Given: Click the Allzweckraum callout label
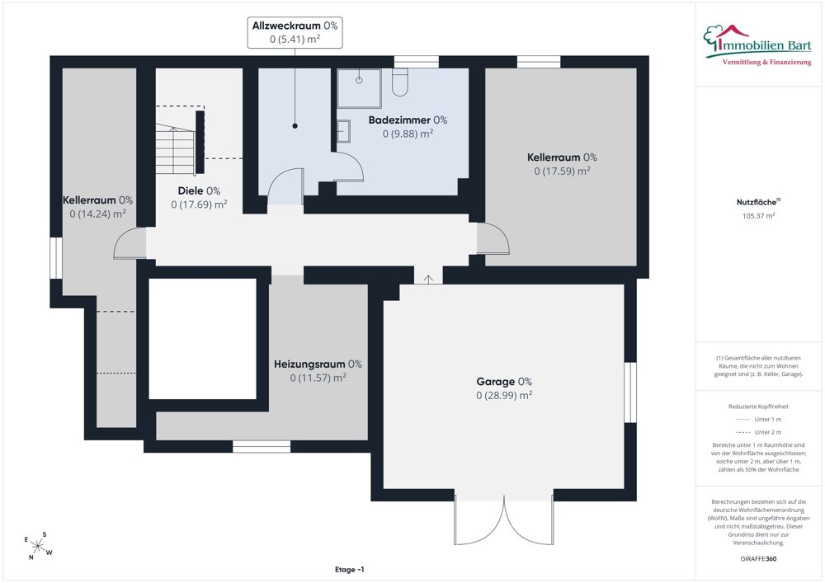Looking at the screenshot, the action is [295, 33].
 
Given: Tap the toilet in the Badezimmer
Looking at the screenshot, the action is [400, 82].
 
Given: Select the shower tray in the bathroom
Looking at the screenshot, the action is [359, 87].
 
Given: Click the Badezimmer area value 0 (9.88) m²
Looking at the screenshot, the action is [408, 134].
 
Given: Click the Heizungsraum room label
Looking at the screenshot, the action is [318, 364].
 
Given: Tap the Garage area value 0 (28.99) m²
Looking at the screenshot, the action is [504, 395].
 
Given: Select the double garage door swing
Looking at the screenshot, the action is [504, 520].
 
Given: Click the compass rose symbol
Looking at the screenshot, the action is [38, 546].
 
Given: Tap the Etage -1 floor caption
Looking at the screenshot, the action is [349, 569].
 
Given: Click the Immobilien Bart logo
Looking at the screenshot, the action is [757, 45].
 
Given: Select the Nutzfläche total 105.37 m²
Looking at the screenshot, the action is [758, 215].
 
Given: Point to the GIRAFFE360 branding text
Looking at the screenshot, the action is [758, 559].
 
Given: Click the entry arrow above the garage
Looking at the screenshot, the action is [428, 280].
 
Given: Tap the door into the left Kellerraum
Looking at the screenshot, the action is [130, 243].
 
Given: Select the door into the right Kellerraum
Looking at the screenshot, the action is [493, 238].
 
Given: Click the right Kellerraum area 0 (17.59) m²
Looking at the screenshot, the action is [562, 171].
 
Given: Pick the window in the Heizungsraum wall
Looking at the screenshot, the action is [262, 446].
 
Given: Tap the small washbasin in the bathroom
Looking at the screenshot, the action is [343, 131].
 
